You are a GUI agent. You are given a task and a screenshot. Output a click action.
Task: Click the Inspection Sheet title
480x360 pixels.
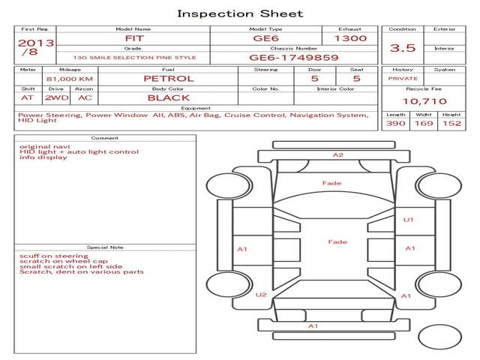point(240,13)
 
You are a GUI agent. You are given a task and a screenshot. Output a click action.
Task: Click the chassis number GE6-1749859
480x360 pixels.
point(293,57)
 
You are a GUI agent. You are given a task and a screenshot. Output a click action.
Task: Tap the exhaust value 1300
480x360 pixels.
point(350,37)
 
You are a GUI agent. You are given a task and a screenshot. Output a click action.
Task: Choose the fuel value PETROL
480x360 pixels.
point(168,78)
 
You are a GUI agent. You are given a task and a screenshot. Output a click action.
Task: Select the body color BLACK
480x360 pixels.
point(168,97)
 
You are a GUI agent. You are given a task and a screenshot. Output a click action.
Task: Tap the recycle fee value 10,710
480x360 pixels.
point(424,100)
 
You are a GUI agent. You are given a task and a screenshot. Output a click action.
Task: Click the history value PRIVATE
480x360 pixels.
point(403,78)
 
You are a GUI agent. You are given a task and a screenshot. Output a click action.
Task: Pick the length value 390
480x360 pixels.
point(395,123)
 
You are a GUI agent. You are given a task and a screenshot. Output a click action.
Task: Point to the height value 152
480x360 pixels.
point(451,123)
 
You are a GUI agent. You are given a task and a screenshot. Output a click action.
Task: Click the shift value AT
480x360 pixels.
point(28,97)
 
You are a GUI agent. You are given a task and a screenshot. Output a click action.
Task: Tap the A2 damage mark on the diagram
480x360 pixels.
point(337,155)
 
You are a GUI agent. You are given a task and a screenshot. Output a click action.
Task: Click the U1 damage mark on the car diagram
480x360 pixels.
point(409,220)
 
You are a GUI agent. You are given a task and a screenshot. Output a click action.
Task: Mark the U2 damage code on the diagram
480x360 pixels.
point(261,295)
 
